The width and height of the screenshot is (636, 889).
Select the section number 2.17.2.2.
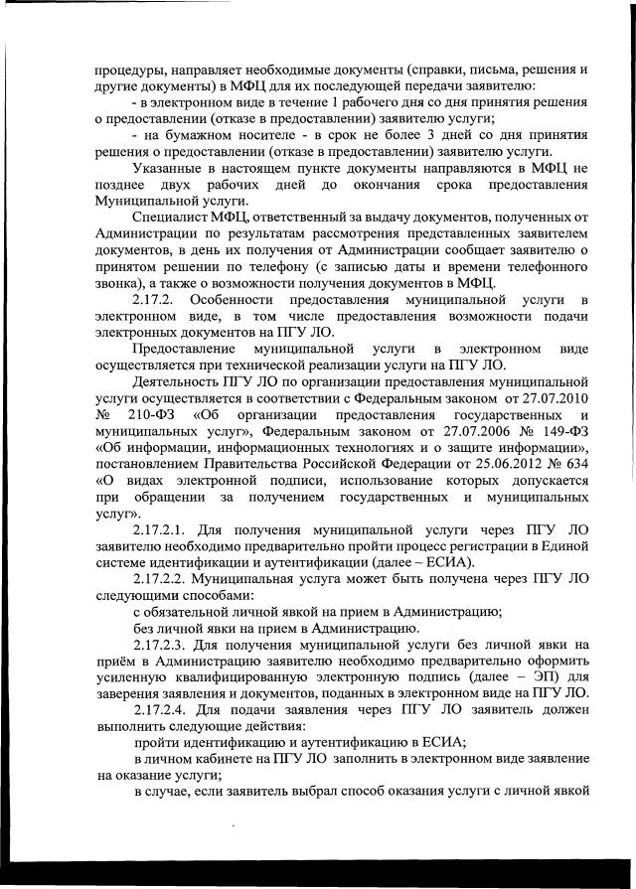[x=164, y=576]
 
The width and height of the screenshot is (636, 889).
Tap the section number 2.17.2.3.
[x=164, y=645]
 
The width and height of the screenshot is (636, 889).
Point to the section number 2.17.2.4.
[x=164, y=711]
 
